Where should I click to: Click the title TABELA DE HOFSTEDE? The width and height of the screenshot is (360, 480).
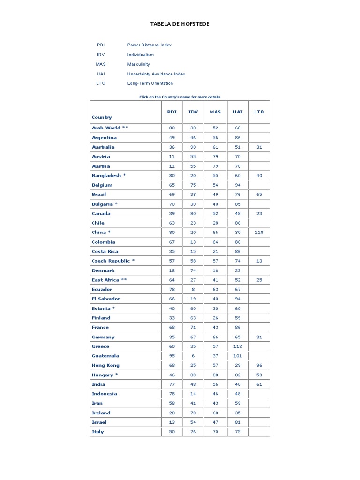point(180,24)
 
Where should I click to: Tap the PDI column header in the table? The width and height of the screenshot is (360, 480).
point(172,112)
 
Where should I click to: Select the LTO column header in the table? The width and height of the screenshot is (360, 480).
point(259,112)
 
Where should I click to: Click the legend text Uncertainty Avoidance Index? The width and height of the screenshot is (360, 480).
point(156,74)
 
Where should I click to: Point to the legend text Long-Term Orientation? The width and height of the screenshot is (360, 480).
point(150,83)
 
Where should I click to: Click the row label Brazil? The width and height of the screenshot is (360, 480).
point(99,194)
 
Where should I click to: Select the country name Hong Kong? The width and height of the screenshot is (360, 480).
point(105,365)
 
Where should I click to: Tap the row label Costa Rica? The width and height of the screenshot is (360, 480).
point(105,251)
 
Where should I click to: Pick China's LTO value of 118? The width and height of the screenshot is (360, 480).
point(259,232)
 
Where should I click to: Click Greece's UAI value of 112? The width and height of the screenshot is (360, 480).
point(238,346)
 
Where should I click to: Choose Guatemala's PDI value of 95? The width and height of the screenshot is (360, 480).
point(172,356)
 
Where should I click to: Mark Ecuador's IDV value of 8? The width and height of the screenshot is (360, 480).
point(193,289)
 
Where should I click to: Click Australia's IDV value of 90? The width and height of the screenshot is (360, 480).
point(193,147)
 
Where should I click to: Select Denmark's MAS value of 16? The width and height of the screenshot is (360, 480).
point(215,270)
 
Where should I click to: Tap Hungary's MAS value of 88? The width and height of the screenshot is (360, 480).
point(215,375)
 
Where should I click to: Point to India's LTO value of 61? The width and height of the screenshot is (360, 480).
point(259,384)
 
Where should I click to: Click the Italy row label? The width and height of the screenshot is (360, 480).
point(98,432)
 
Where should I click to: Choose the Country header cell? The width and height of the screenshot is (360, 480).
point(102,117)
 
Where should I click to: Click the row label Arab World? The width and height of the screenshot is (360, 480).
point(106,127)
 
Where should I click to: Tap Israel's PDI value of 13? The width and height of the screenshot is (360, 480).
point(172,422)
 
